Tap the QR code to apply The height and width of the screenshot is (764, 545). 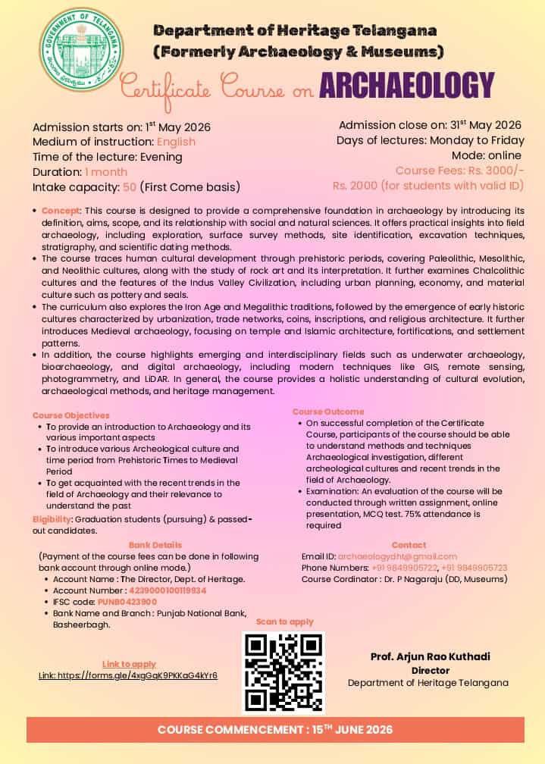(283, 672)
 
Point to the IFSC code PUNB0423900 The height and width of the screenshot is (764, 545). (127, 601)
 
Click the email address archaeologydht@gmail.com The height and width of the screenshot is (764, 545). (397, 556)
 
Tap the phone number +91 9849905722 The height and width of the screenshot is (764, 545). (404, 568)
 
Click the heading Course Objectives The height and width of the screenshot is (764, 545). (71, 415)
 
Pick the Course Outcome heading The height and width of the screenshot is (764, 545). (328, 412)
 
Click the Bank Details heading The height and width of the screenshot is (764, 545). (155, 545)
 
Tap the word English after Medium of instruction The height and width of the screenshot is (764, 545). (176, 142)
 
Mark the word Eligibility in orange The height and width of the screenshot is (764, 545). (52, 519)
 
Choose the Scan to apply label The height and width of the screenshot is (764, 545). (284, 622)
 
